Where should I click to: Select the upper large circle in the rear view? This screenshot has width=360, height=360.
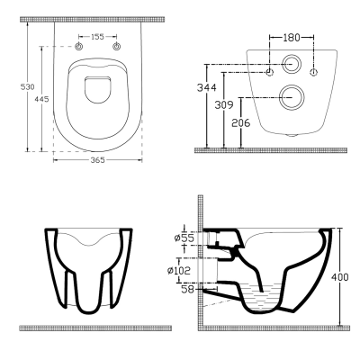tap(292, 65)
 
